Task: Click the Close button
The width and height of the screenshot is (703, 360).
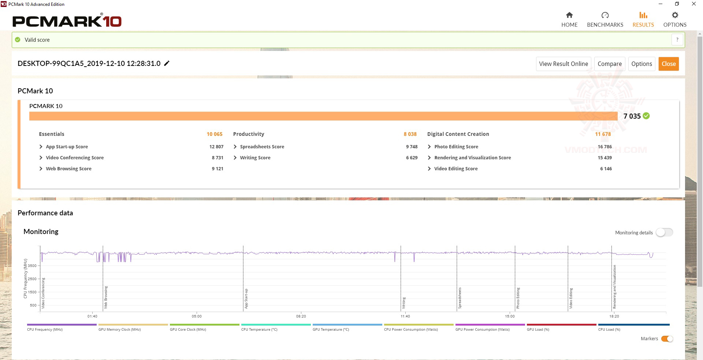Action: pos(668,64)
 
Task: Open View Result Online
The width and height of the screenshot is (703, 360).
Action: pos(563,64)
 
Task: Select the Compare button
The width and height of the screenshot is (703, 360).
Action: pos(609,64)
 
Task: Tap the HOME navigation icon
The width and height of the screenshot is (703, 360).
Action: pos(569,15)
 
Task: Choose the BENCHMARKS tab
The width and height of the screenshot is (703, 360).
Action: pos(605,20)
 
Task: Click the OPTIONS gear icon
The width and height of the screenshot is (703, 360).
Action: pos(675,15)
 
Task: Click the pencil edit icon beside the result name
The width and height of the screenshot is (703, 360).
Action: pos(167,63)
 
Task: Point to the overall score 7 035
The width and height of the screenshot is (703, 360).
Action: pos(632,116)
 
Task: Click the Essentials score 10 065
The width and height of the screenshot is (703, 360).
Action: pos(215,134)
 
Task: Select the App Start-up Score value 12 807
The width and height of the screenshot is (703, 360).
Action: pos(216,146)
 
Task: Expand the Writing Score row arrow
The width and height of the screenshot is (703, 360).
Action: pos(235,157)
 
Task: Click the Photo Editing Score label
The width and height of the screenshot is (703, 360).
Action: pos(456,146)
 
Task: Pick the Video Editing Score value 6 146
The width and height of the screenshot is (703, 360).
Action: pos(606,168)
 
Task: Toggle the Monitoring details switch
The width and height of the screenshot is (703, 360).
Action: pos(664,232)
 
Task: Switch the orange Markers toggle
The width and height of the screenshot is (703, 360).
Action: pos(667,339)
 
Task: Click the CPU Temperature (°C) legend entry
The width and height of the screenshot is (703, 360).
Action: pos(259,329)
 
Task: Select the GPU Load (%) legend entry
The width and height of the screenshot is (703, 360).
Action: pos(538,329)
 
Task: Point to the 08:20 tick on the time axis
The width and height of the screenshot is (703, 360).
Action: pos(301,316)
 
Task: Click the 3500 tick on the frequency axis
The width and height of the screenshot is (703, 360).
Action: pos(32,266)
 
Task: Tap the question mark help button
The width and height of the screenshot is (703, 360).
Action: pos(677,40)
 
